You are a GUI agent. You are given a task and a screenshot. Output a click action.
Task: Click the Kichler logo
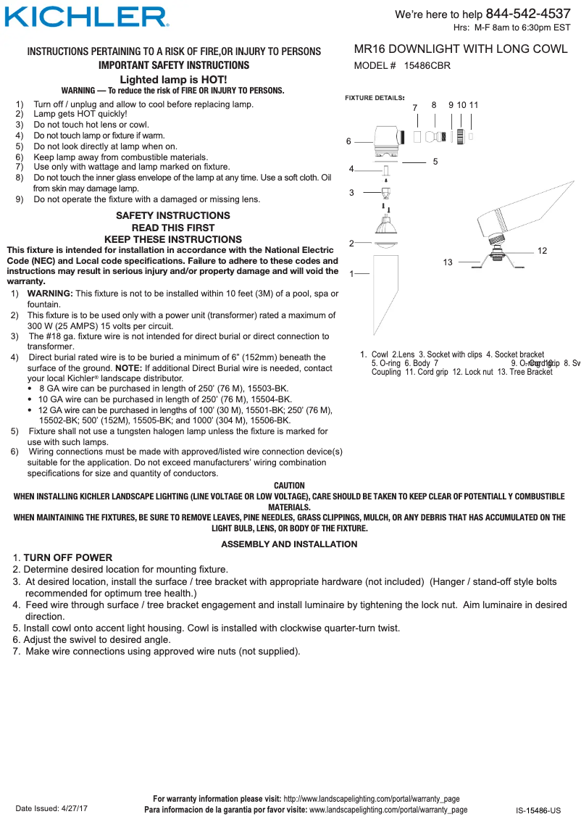click(87, 17)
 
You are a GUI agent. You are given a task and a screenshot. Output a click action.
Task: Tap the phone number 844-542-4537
click(527, 14)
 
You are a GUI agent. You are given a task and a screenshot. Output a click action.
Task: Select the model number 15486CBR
click(427, 65)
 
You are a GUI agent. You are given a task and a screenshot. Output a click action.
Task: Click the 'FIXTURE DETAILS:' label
click(374, 97)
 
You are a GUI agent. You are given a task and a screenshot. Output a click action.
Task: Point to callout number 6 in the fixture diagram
click(348, 141)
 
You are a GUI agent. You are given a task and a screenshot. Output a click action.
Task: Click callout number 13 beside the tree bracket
click(448, 262)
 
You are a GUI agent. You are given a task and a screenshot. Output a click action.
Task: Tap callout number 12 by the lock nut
click(542, 251)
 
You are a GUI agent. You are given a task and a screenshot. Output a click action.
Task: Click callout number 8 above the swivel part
click(433, 105)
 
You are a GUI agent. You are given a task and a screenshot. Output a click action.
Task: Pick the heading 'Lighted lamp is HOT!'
click(173, 79)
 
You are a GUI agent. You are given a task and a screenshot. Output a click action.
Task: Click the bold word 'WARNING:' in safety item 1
click(50, 294)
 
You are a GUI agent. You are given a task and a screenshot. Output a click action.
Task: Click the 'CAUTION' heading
click(289, 486)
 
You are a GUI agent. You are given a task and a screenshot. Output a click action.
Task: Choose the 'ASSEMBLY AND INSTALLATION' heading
click(289, 544)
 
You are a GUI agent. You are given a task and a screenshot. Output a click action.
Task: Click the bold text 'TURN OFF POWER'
click(68, 557)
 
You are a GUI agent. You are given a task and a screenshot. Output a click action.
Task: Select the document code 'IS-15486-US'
click(538, 810)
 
